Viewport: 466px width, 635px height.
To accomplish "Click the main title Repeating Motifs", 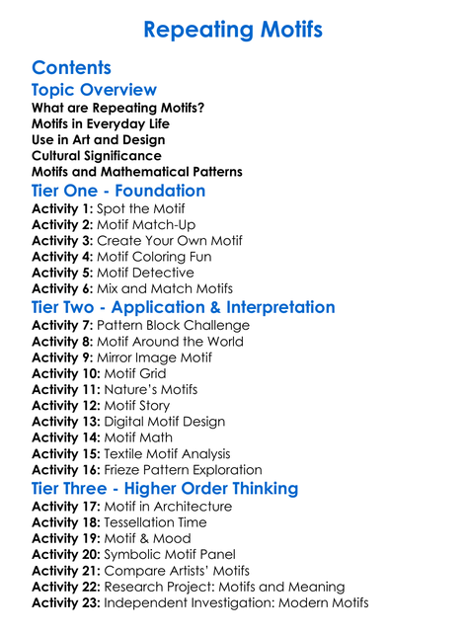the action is point(233,30).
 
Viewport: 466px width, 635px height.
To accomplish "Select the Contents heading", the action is point(71,68).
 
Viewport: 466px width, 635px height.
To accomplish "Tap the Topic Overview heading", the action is point(94,91).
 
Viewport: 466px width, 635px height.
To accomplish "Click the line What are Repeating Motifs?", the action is point(118,108).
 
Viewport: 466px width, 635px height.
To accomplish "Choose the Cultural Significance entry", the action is point(97,155).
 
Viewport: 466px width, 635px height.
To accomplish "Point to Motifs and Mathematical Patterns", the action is point(137,172).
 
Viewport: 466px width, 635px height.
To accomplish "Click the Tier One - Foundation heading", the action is point(118,192).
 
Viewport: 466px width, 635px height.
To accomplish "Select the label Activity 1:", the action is point(62,209).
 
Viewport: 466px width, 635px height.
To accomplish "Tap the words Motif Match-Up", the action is point(146,225).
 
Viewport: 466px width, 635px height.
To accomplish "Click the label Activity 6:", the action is point(62,288).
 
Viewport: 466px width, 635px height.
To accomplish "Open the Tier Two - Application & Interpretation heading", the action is point(184,307).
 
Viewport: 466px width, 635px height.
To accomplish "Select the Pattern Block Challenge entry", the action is point(174,326).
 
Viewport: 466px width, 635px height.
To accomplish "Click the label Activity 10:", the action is point(66,374).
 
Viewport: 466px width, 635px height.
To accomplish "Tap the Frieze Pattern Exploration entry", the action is point(183,470).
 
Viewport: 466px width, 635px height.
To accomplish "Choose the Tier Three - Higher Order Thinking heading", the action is point(165,489).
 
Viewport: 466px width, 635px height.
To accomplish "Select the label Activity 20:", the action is point(66,555).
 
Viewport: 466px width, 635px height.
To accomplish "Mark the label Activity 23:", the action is point(66,602).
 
